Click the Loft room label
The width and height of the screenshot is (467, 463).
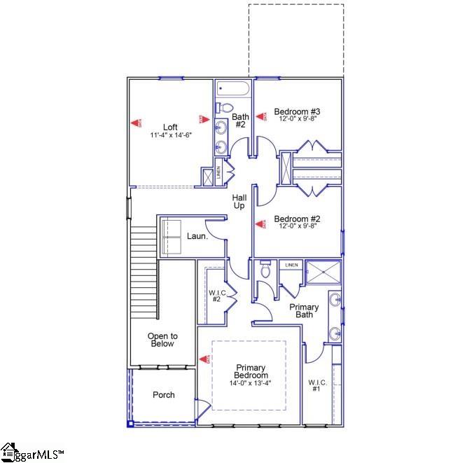click(x=170, y=127)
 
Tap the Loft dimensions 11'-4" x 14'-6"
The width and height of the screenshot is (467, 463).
click(x=170, y=134)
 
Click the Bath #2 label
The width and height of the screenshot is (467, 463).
click(x=239, y=120)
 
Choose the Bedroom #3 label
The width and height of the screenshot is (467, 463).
click(x=297, y=111)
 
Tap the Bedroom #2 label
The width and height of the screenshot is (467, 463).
click(x=297, y=218)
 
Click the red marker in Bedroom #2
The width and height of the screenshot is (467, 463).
click(x=259, y=224)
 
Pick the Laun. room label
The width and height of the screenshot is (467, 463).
click(x=197, y=237)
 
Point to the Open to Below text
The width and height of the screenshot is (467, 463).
click(x=161, y=340)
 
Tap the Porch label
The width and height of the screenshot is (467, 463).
click(x=164, y=395)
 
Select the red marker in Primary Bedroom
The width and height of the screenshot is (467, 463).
click(x=205, y=359)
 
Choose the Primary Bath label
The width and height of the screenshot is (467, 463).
click(x=305, y=311)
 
